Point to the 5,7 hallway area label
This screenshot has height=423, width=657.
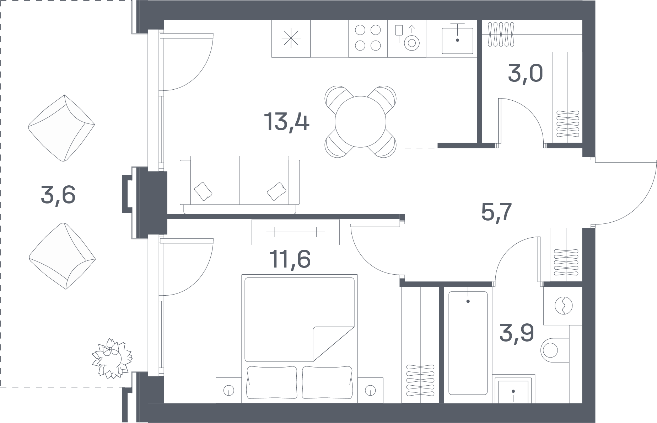(496, 212)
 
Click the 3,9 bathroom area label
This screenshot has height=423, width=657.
(517, 332)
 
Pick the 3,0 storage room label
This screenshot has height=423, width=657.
(525, 74)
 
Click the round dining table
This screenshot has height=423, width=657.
(360, 122)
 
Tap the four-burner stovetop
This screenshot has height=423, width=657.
(368, 38)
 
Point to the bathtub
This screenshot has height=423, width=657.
(468, 343)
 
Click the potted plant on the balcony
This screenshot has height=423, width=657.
(112, 359)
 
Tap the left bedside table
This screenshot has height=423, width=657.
(228, 390)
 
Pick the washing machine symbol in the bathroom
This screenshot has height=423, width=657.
(563, 305)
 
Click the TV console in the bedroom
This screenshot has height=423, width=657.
(295, 232)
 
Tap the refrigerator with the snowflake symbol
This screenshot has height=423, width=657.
(291, 38)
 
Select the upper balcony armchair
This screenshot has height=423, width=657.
(62, 128)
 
